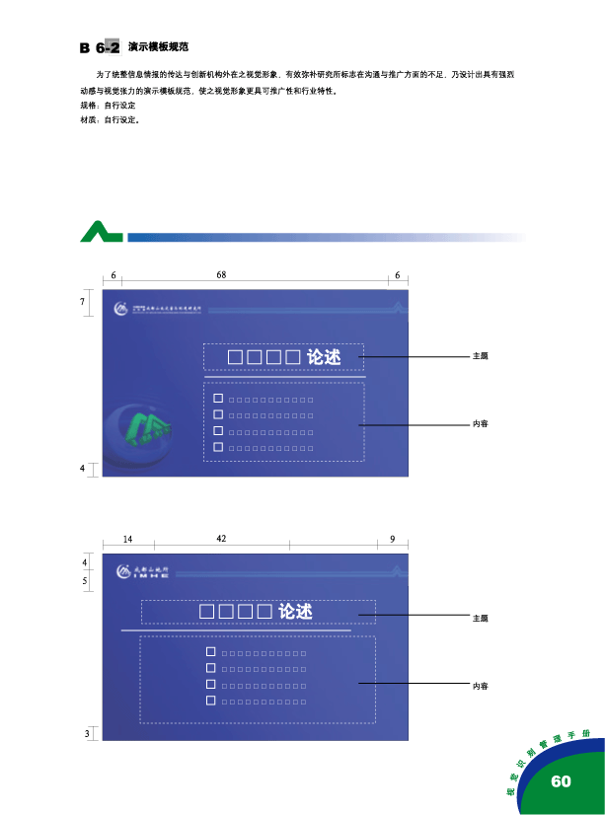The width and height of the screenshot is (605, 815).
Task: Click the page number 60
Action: click(x=561, y=781)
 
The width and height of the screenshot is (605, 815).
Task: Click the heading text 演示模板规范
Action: click(x=158, y=46)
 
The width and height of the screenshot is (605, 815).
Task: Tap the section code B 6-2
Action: click(x=100, y=47)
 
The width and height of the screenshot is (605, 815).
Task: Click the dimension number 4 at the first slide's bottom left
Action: click(x=82, y=468)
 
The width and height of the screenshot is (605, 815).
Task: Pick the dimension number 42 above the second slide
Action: click(x=221, y=539)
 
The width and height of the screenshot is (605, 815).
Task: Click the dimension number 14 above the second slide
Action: click(x=127, y=540)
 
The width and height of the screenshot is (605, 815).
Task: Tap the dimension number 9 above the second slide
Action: click(x=392, y=540)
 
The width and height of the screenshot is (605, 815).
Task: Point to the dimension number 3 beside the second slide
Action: click(x=86, y=733)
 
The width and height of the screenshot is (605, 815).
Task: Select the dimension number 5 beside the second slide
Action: click(x=86, y=581)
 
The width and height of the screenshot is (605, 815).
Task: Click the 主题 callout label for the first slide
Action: click(x=481, y=356)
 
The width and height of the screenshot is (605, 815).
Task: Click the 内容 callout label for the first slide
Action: click(x=481, y=424)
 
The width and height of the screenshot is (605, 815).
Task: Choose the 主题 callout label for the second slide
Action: click(x=481, y=618)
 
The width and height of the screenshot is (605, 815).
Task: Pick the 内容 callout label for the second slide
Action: click(x=481, y=685)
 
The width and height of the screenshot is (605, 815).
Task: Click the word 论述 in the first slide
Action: click(x=324, y=357)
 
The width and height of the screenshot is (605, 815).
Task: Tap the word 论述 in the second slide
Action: click(x=295, y=612)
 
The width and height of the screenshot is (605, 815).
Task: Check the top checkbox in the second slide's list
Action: click(x=210, y=652)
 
